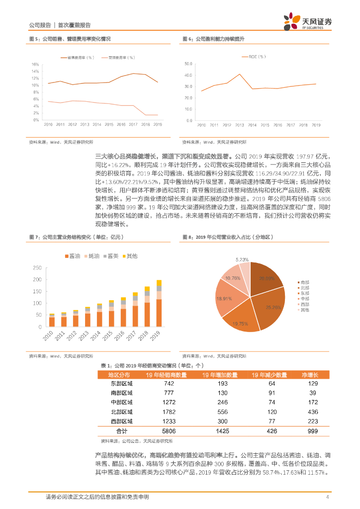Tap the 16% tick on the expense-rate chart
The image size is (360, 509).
(35, 64)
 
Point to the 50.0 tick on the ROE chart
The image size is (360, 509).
(188, 64)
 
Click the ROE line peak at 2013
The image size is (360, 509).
(240, 74)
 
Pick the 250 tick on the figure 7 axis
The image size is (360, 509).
(37, 267)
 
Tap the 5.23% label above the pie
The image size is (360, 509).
(242, 259)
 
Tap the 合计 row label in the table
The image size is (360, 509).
(121, 430)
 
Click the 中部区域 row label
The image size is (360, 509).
(121, 403)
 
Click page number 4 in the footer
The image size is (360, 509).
(327, 497)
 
